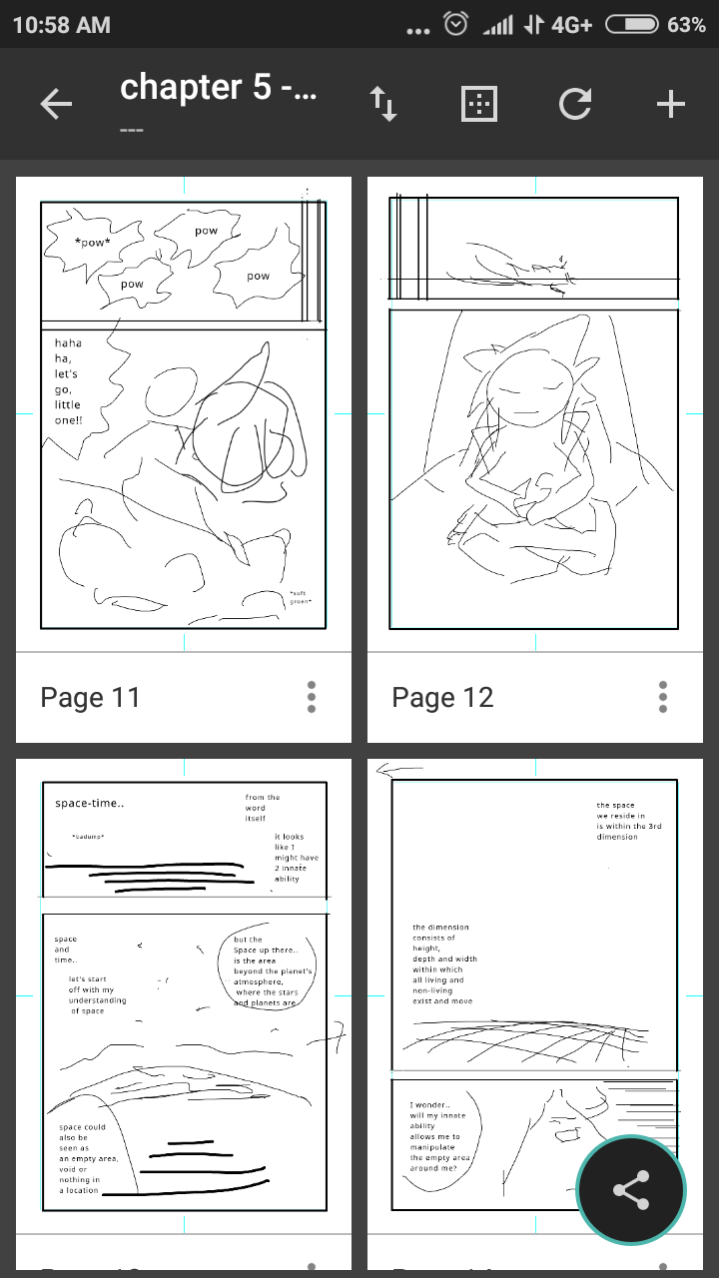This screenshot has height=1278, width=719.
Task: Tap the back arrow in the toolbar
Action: pyautogui.click(x=56, y=104)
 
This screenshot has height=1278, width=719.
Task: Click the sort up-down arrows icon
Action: pyautogui.click(x=383, y=104)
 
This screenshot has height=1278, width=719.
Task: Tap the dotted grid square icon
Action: pyautogui.click(x=479, y=104)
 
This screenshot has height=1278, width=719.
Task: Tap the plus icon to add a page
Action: pyautogui.click(x=670, y=104)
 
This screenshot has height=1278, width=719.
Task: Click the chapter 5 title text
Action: pyautogui.click(x=218, y=88)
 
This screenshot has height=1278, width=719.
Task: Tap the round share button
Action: pyautogui.click(x=631, y=1190)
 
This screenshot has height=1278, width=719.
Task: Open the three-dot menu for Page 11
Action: pyautogui.click(x=312, y=697)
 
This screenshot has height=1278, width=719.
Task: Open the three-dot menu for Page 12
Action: pyautogui.click(x=663, y=697)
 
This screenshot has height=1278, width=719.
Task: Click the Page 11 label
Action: pyautogui.click(x=90, y=697)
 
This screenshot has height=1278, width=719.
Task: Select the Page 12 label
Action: pyautogui.click(x=442, y=697)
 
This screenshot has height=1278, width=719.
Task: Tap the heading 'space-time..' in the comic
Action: pyautogui.click(x=89, y=803)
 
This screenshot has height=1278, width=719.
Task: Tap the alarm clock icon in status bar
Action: pyautogui.click(x=455, y=25)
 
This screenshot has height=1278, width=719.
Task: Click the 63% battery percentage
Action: pyautogui.click(x=686, y=25)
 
